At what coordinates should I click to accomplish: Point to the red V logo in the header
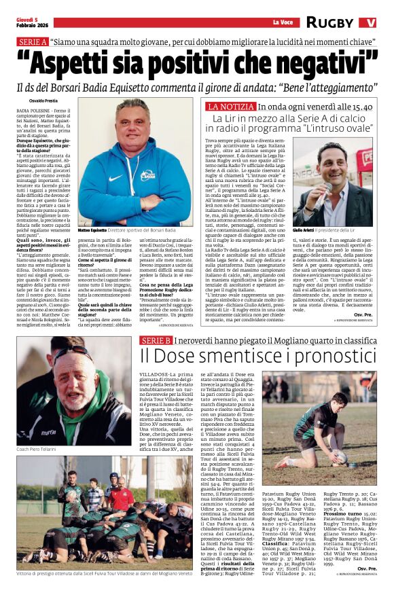pyautogui.click(x=368, y=22)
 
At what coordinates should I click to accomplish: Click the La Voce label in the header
pyautogui.click(x=281, y=22)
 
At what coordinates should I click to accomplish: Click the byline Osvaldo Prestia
pyautogui.click(x=32, y=100)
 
